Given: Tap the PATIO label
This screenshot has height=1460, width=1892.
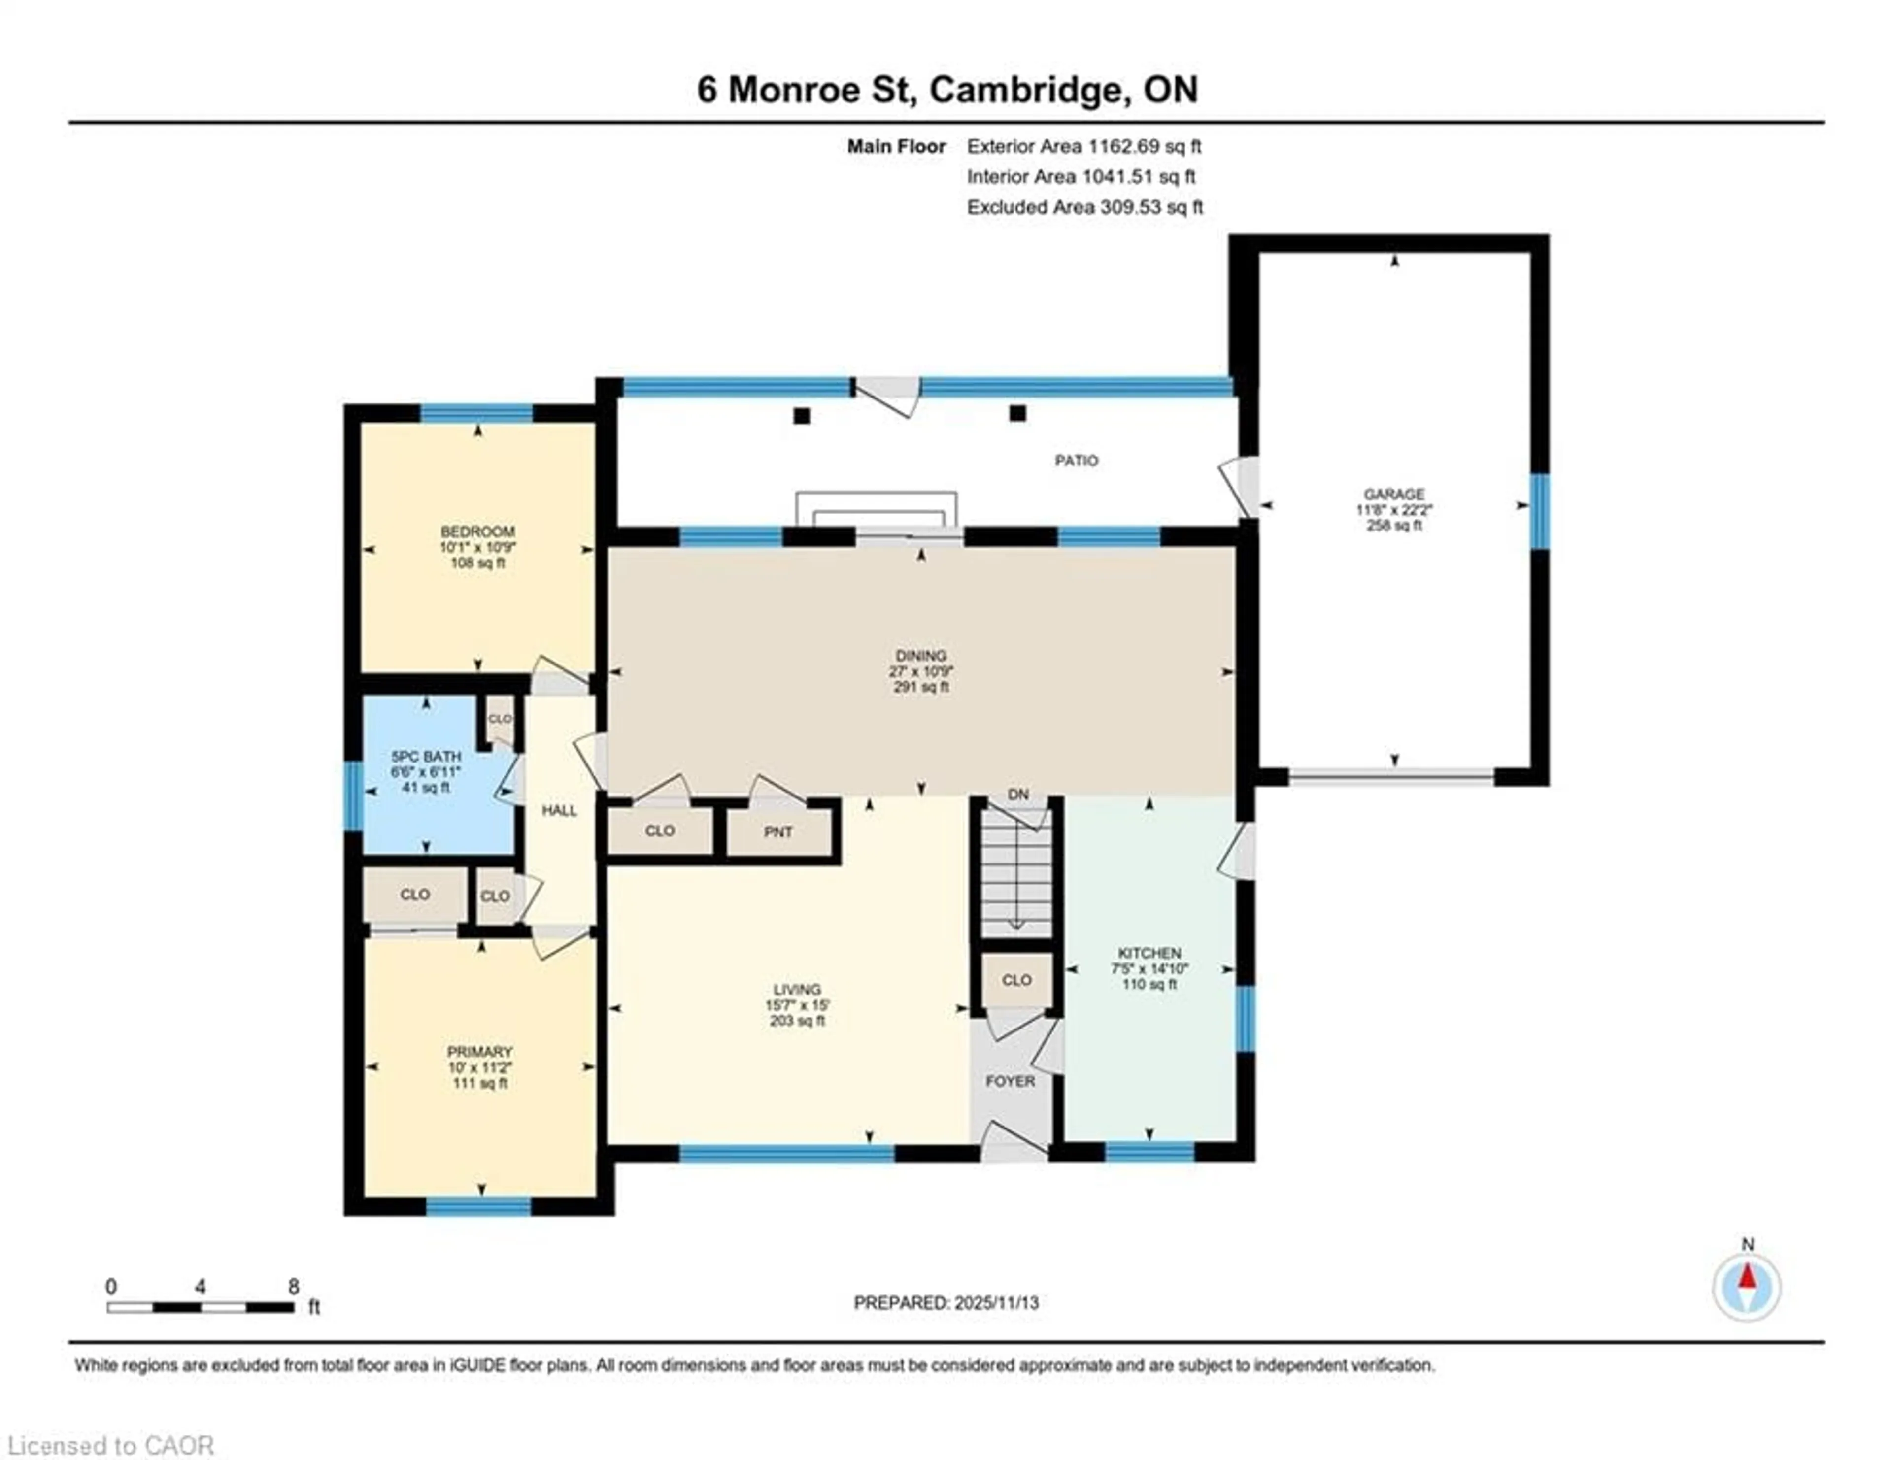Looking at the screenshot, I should tap(1076, 461).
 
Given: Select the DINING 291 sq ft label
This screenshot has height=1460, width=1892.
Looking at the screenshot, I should tap(921, 671).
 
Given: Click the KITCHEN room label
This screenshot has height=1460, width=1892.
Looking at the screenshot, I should tap(1149, 968).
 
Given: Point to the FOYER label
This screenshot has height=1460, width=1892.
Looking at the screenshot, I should tap(1010, 1081).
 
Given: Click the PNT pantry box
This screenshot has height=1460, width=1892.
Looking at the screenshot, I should tap(778, 832).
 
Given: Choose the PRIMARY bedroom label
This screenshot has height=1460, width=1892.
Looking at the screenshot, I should tap(480, 1067).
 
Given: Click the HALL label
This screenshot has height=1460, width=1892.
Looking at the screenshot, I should tap(559, 810).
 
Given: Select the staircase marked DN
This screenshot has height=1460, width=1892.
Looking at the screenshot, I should tap(1016, 875).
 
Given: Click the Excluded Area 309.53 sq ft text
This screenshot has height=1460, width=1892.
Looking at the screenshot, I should tap(1084, 207).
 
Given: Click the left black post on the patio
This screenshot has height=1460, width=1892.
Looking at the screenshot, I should tap(801, 416).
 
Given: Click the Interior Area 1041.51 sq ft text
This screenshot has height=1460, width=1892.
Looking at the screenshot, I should tap(1081, 177).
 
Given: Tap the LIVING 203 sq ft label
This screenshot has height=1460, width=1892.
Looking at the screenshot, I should tap(797, 1004).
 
